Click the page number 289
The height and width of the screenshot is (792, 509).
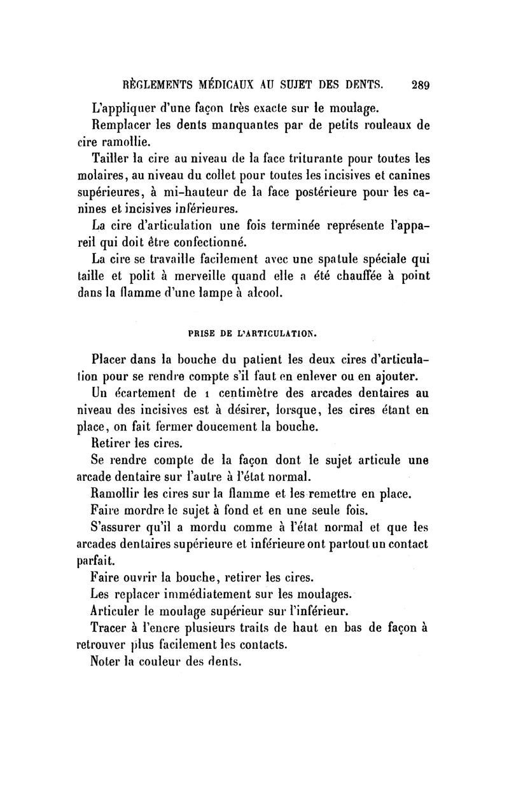click(421, 83)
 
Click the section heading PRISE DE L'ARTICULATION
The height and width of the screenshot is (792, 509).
click(253, 332)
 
